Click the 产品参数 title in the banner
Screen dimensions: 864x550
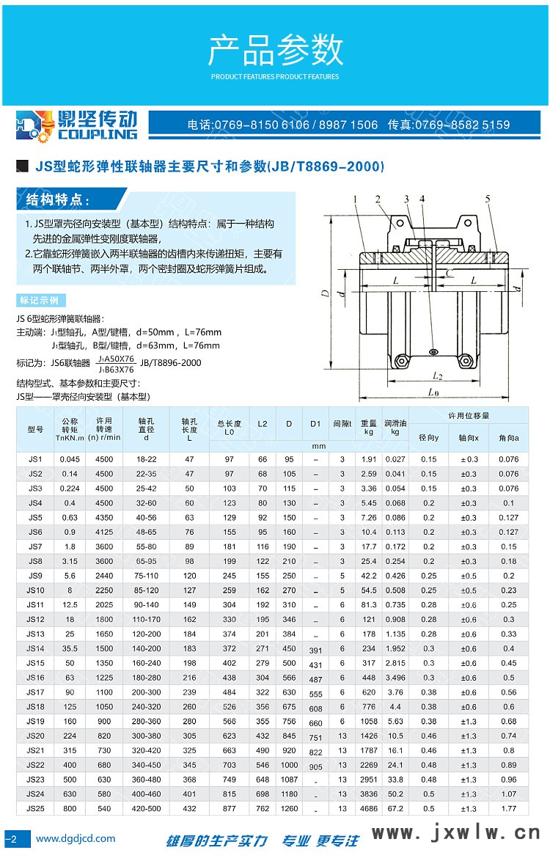point(276,51)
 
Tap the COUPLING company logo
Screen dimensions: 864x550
point(77,125)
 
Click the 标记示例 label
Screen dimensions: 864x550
point(41,301)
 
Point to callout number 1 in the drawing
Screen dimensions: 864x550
point(353,199)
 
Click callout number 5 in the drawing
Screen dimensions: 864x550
point(487,199)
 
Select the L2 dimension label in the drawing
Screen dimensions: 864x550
point(437,376)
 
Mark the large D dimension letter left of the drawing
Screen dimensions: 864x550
point(324,293)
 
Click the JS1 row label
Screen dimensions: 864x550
point(35,459)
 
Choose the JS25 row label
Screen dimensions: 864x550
point(35,808)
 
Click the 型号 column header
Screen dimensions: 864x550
point(35,428)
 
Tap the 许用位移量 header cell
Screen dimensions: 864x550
point(469,416)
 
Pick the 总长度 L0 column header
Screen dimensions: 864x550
point(230,428)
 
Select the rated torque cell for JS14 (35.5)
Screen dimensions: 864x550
point(70,648)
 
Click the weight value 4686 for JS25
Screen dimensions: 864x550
point(369,808)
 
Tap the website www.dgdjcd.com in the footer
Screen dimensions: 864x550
point(76,838)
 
